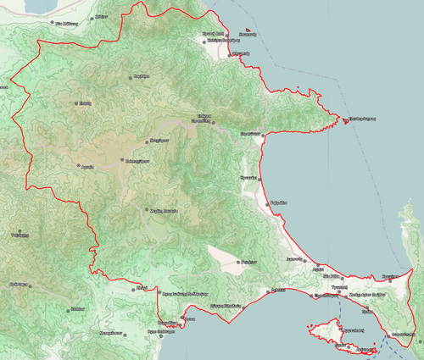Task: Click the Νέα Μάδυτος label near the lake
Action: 66,25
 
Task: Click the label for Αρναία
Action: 86,167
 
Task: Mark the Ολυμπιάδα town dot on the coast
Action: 232,56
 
